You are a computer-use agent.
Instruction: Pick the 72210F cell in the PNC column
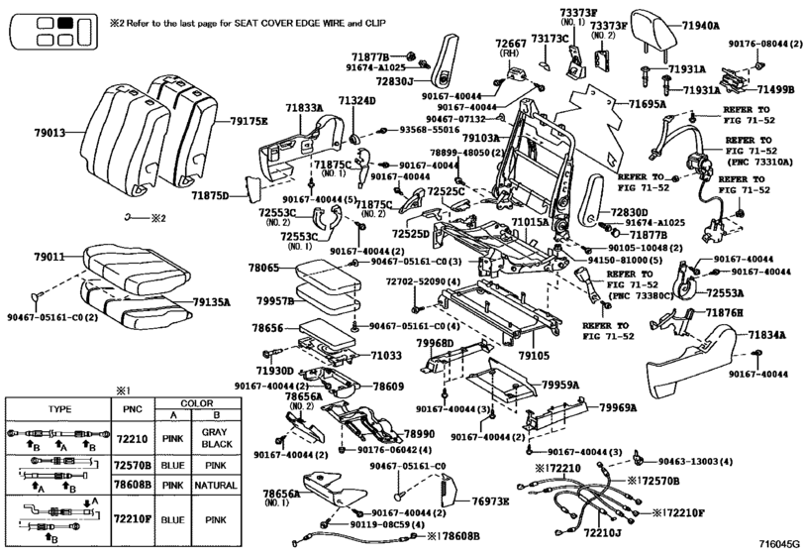[132, 517]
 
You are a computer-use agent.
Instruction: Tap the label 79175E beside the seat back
[249, 121]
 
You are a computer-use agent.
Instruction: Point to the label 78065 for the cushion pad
[265, 268]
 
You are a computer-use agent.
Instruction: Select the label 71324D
[356, 102]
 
